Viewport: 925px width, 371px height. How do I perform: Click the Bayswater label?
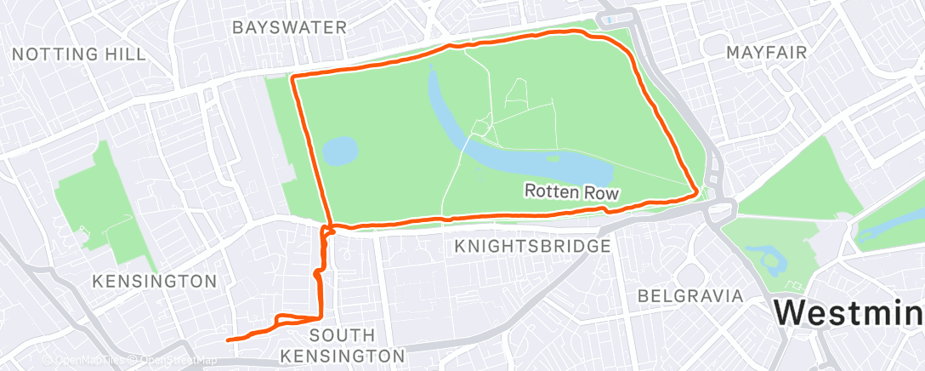point(290,27)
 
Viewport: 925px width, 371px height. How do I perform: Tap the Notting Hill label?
point(79,54)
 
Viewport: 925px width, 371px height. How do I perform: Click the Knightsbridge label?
point(532,247)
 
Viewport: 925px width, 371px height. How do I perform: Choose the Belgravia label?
point(691,296)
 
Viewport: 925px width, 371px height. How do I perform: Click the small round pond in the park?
point(340,151)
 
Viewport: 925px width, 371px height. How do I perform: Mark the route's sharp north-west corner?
point(293,77)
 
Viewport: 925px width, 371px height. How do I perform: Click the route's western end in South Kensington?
point(228,340)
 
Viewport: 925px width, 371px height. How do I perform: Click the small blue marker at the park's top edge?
point(610,19)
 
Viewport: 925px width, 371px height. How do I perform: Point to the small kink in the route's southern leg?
point(316,274)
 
